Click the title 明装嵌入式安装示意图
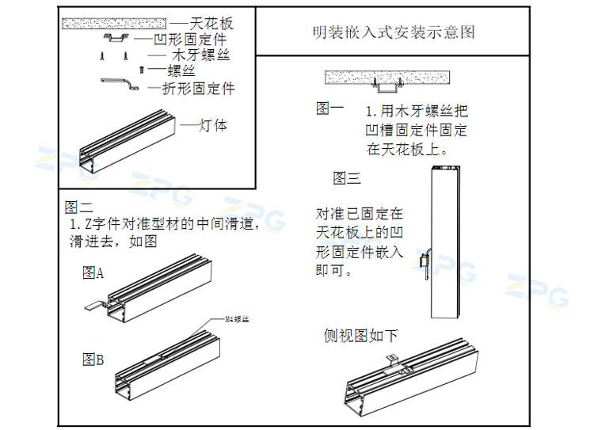[x=394, y=32]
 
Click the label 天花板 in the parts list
[x=211, y=23]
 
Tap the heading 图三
[x=346, y=178]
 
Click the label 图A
[x=93, y=274]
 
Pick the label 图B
[x=93, y=360]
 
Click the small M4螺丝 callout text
[x=237, y=319]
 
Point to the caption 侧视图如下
[x=360, y=336]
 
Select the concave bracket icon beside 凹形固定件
[x=116, y=39]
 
